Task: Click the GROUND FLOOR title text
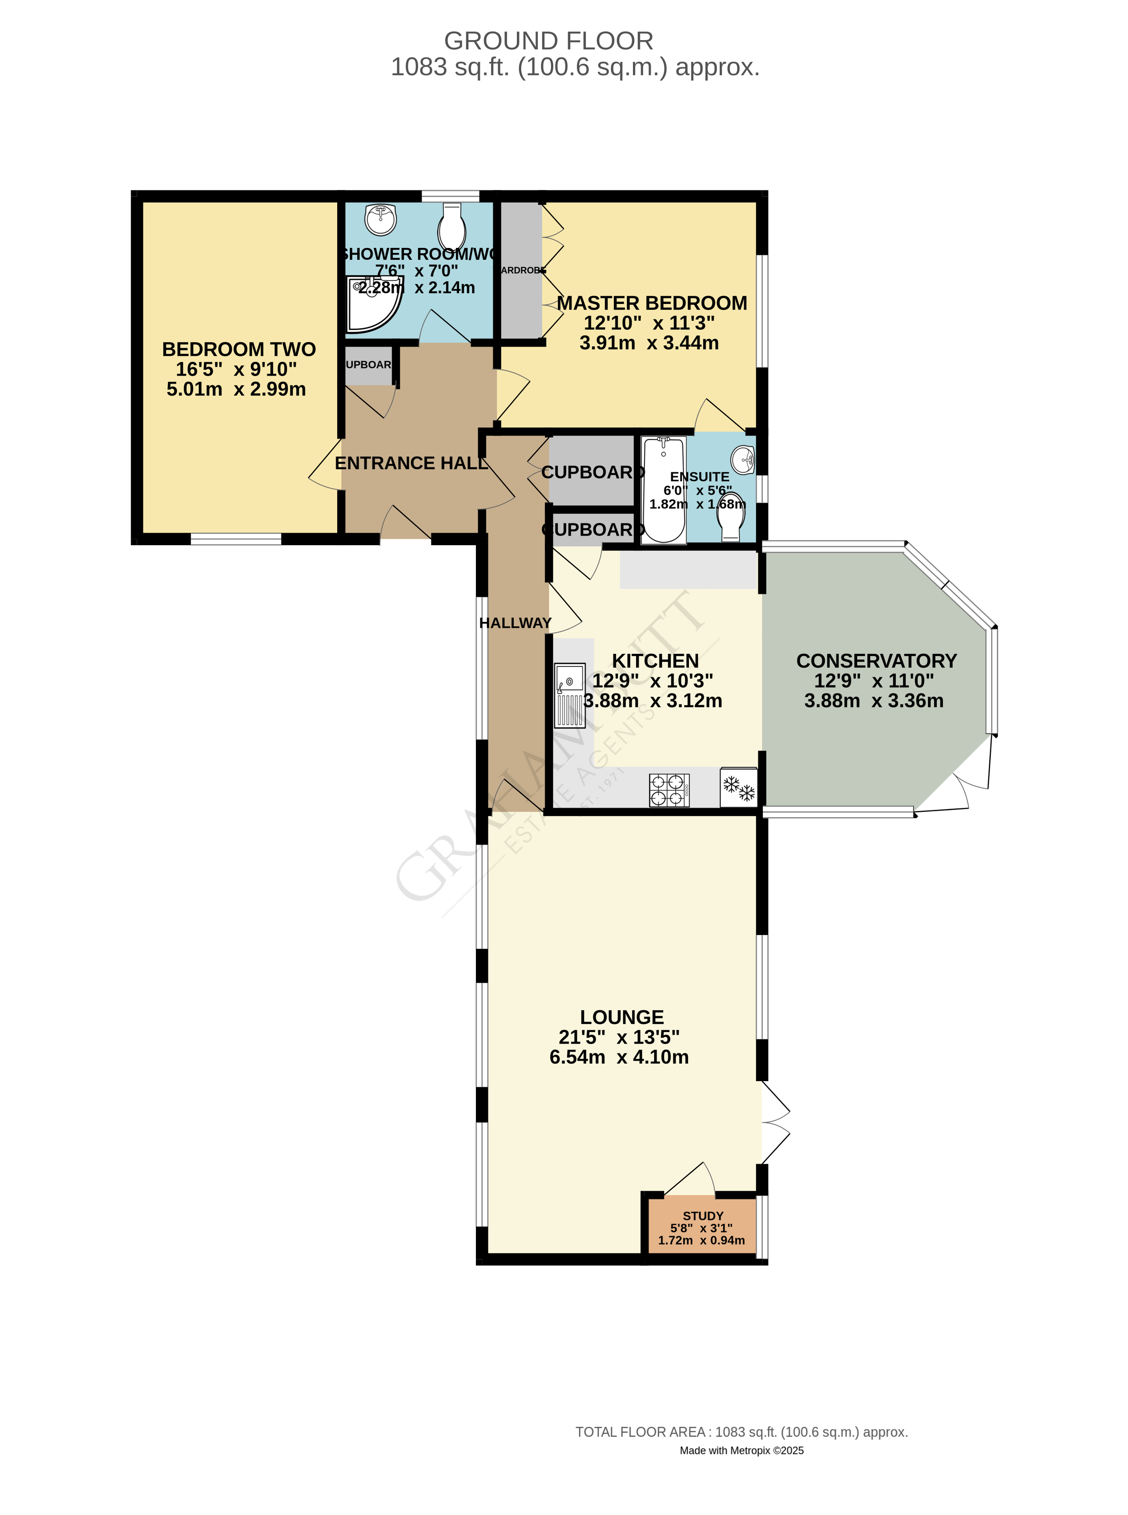click(548, 41)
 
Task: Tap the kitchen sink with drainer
click(569, 695)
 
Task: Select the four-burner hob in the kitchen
click(669, 790)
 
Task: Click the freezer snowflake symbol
click(739, 788)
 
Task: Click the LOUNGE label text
click(621, 1017)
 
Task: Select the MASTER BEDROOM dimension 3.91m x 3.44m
click(649, 342)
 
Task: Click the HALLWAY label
click(515, 623)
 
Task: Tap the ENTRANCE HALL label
click(411, 463)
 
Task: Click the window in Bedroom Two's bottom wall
click(236, 539)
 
